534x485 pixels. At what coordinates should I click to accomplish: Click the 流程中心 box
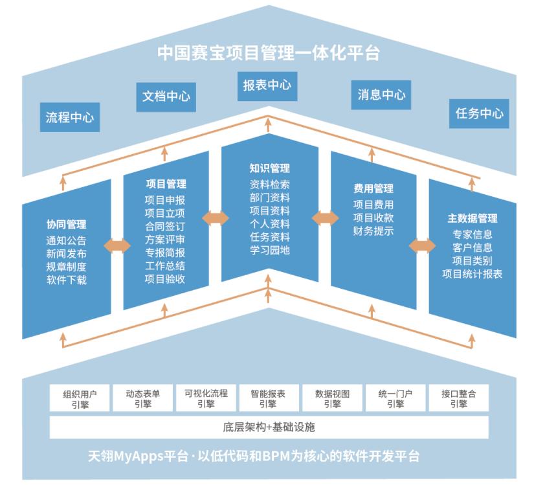point(70,117)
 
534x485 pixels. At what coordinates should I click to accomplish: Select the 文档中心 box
point(166,96)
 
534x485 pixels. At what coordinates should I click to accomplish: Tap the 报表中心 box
point(267,85)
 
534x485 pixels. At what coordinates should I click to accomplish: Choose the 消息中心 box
point(381,95)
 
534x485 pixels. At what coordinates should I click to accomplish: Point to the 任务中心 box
point(479,113)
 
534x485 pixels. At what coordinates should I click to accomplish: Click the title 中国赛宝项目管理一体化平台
point(267,53)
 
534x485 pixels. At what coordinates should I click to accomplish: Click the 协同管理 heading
point(66,225)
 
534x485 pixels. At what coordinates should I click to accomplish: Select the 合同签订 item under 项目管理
point(165,227)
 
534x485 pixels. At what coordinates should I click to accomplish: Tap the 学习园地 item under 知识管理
point(269,250)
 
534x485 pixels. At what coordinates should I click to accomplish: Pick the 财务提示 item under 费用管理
point(373,231)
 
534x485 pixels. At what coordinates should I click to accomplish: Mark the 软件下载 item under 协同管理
point(66,280)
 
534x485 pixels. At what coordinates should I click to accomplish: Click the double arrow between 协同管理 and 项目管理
point(117,246)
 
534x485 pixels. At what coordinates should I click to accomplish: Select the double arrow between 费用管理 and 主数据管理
point(422,246)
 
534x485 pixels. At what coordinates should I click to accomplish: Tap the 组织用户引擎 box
point(80,398)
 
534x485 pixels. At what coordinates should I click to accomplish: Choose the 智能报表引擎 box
point(268,398)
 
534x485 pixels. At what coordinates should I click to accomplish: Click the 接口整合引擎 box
point(458,398)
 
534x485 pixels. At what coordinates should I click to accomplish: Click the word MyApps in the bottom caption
point(140,456)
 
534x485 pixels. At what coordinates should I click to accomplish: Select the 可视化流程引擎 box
point(206,398)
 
